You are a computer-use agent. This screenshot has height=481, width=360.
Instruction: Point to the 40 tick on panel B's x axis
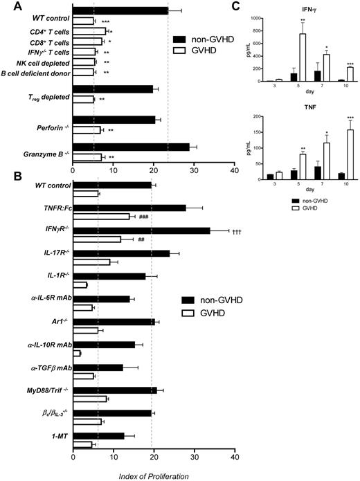pos(235,457)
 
